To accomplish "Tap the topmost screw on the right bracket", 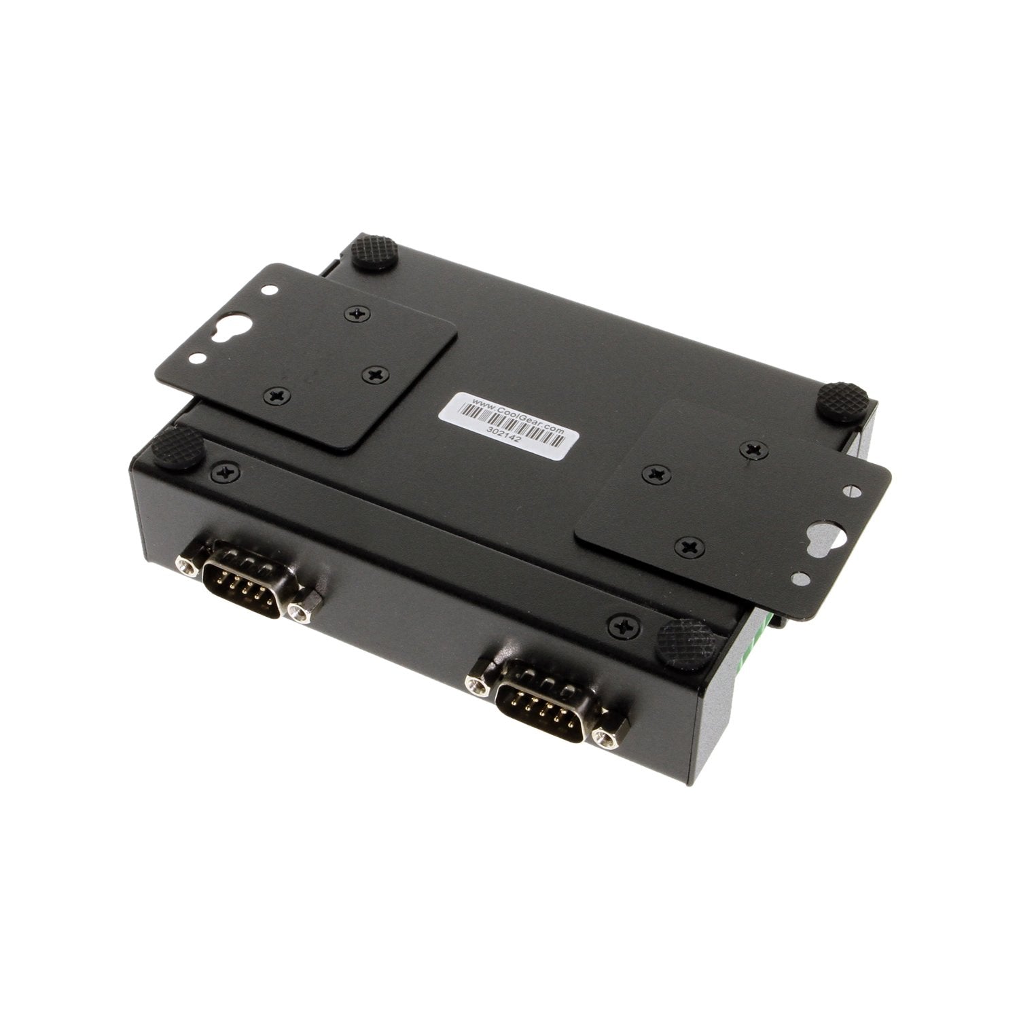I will click(x=751, y=448).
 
